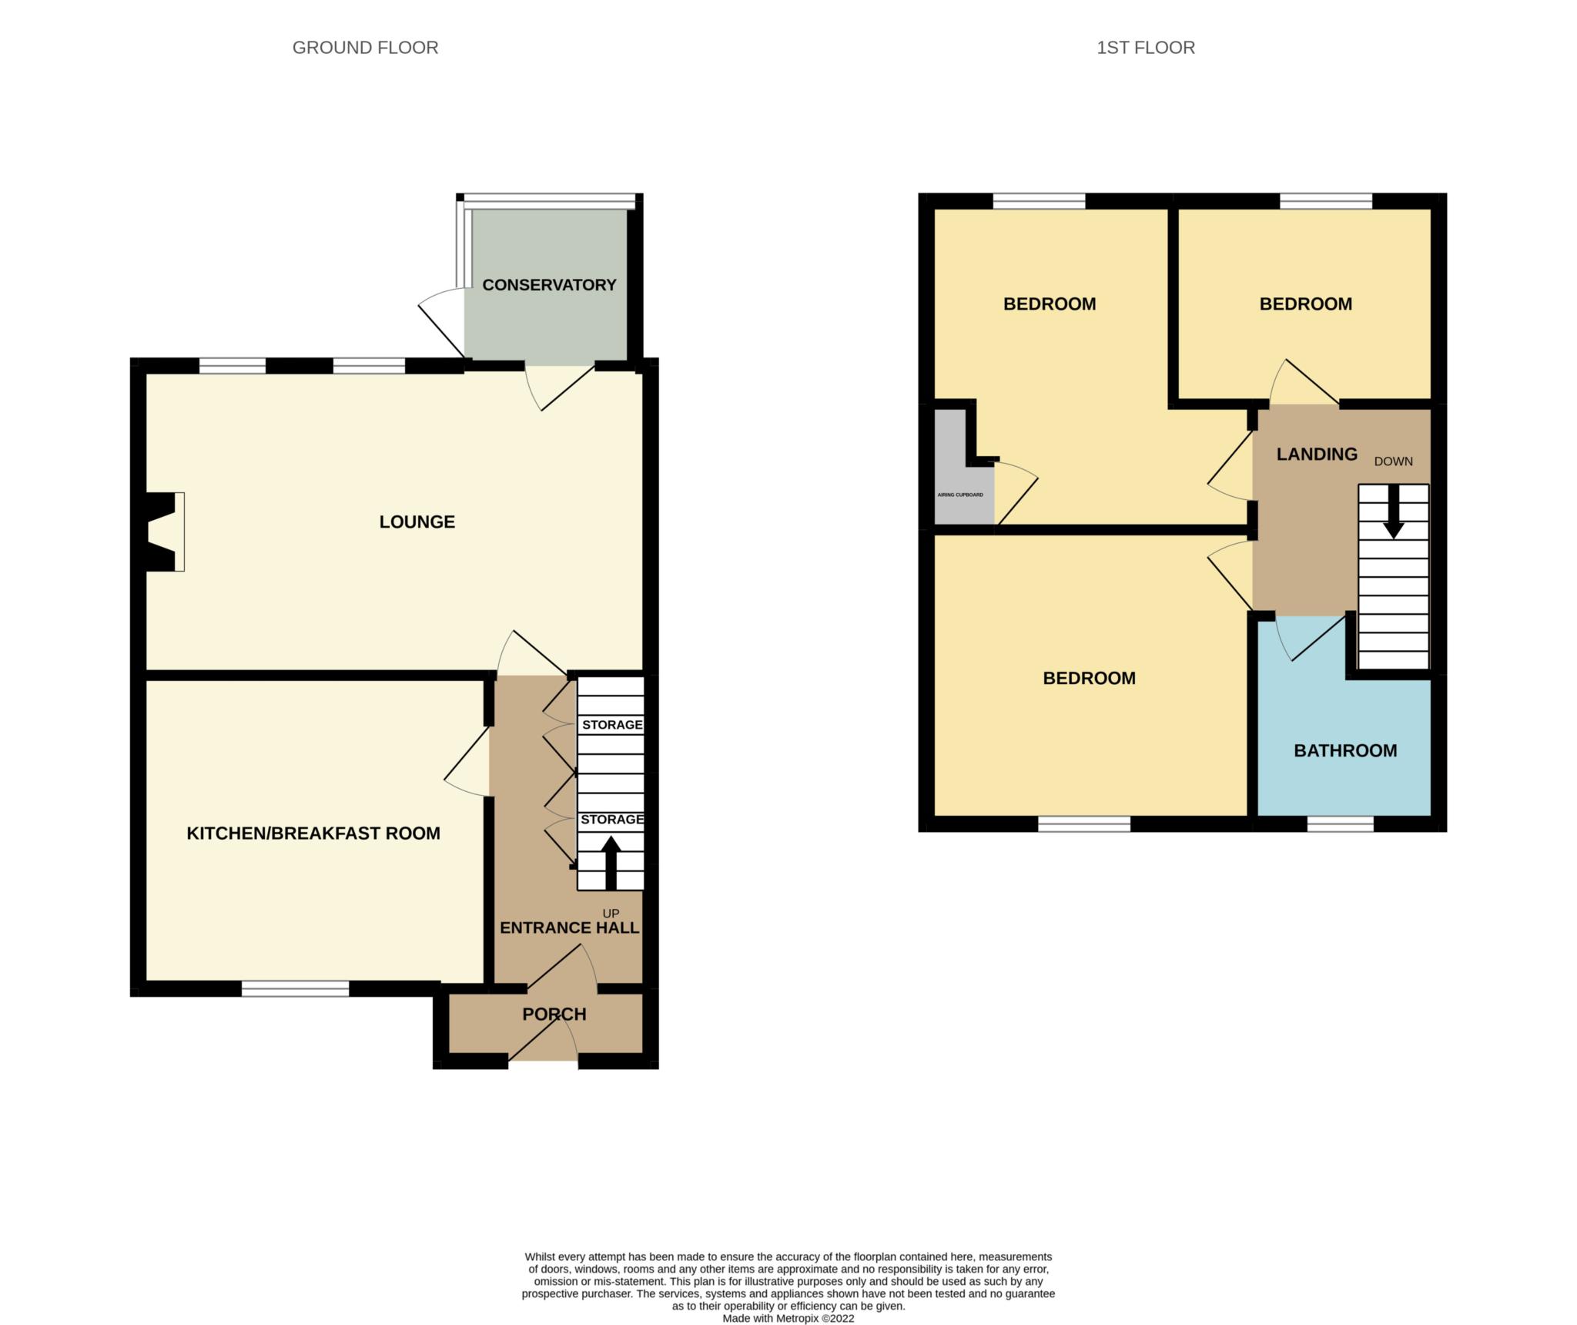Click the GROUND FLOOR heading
(x=365, y=48)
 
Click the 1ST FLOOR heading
(x=1146, y=48)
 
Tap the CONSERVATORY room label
(x=549, y=285)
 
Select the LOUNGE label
(x=417, y=522)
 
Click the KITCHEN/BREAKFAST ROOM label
(x=313, y=834)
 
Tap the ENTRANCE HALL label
(x=570, y=928)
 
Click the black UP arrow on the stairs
(x=611, y=863)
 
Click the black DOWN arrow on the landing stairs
(x=1394, y=512)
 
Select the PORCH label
(x=554, y=1015)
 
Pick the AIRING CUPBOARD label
(x=960, y=495)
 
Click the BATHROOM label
(x=1345, y=751)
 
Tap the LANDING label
(x=1317, y=455)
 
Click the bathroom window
(x=1341, y=824)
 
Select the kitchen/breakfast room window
(x=295, y=988)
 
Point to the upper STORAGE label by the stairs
(x=612, y=725)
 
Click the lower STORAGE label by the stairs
(x=612, y=820)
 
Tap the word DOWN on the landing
(x=1394, y=461)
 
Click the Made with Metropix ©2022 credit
(x=788, y=1318)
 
